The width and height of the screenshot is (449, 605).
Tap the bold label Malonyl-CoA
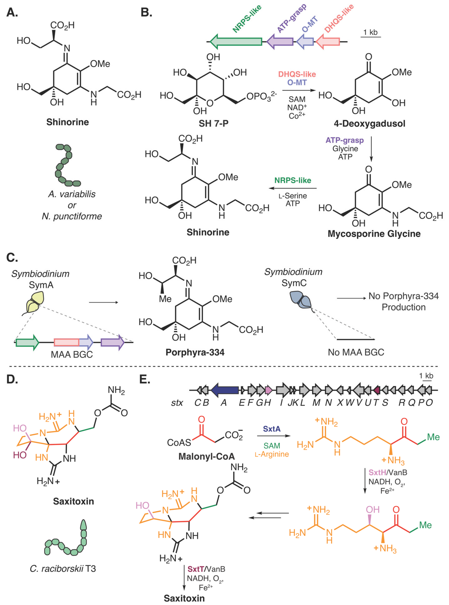coord(207,456)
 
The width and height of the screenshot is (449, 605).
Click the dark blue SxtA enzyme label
coord(272,429)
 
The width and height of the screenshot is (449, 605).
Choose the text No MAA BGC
coord(356,352)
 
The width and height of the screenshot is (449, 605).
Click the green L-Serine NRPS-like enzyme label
coord(293,181)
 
